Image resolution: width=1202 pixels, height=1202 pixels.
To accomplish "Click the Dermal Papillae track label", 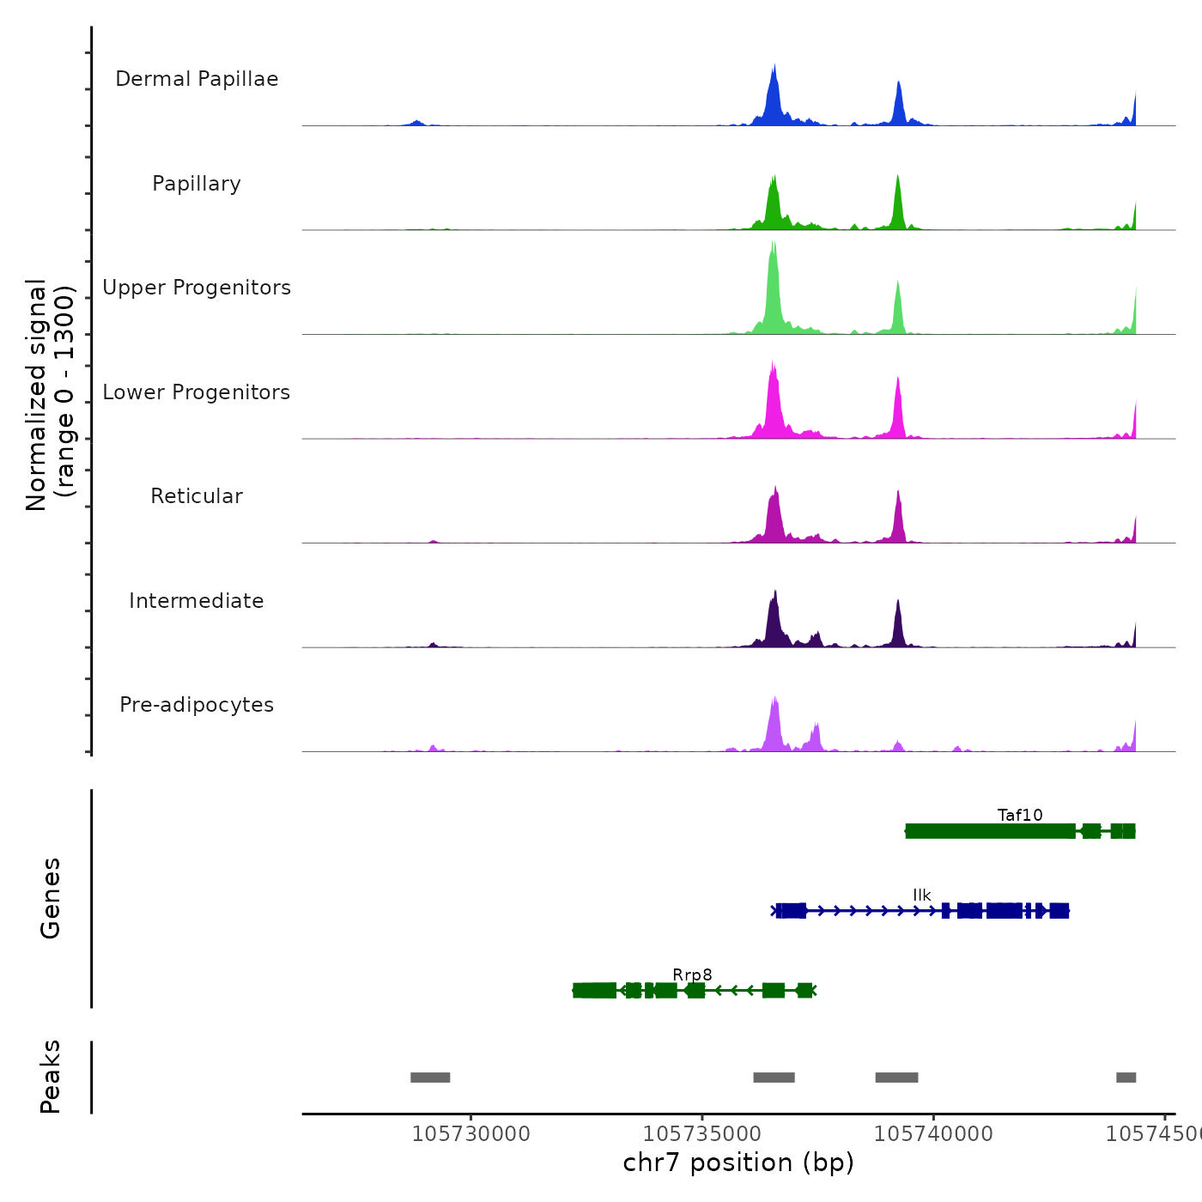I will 197,79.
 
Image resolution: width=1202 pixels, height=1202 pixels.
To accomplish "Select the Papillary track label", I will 197,184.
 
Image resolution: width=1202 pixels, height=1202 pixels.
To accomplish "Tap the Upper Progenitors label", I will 197,288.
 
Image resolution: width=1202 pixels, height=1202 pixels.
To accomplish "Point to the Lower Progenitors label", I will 197,392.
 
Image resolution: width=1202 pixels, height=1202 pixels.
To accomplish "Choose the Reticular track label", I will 197,496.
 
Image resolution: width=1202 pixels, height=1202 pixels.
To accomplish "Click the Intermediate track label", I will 197,601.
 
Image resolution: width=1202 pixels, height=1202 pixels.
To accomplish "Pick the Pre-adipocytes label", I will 197,705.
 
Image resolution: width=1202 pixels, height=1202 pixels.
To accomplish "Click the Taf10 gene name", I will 1020,815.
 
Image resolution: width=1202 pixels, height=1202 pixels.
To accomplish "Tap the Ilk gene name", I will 922,895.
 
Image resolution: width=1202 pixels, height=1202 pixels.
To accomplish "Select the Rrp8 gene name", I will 692,974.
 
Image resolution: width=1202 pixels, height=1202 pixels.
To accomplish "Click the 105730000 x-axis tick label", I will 471,1134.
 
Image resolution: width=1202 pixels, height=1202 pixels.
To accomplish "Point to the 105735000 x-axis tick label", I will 702,1134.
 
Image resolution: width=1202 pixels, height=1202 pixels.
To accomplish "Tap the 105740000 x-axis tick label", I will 933,1134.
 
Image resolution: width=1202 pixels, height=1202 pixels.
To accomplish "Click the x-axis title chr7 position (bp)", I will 738,1163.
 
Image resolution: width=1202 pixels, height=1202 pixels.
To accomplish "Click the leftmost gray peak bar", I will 430,1078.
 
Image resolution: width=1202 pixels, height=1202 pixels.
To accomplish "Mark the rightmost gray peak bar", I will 1126,1078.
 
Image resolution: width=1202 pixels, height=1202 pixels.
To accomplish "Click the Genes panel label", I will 51,898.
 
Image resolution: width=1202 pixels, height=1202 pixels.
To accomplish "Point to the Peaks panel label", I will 51,1077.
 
